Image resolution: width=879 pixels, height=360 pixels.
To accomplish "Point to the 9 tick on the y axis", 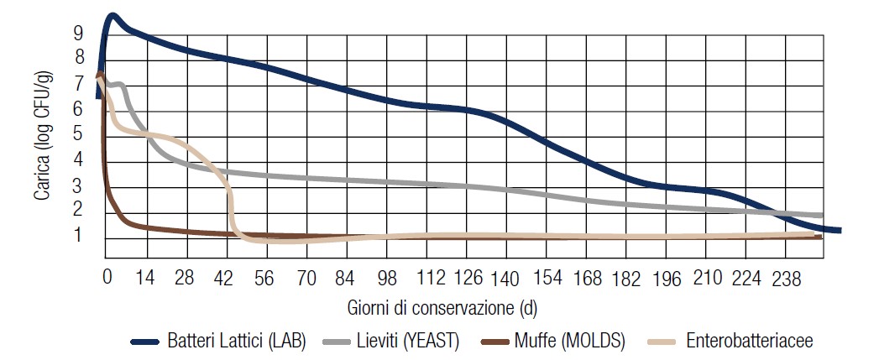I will pos(79,33).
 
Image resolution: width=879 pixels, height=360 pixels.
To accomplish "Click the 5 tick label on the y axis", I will pos(79,134).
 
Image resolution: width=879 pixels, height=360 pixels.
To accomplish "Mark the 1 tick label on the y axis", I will pos(79,236).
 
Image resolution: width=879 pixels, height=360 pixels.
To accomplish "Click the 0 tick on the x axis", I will pos(107,279).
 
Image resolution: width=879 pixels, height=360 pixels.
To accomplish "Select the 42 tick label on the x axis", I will pos(226,279).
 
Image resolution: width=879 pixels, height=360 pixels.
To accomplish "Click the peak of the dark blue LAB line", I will pos(112,16).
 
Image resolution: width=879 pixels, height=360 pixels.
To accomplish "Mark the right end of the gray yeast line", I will pos(819,216).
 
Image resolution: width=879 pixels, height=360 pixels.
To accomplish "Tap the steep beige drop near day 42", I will pos(231,206).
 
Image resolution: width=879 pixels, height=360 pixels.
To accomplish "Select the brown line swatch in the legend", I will pos(497,342).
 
